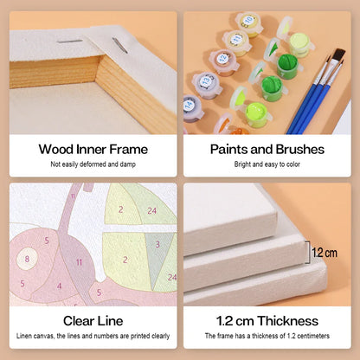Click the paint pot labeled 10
(x=248, y=23)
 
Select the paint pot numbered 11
(x=237, y=42)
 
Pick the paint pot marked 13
(x=207, y=85)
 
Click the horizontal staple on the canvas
(x=70, y=42)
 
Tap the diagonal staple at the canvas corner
(x=119, y=45)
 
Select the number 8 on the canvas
(x=27, y=259)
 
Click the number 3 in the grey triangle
(x=157, y=245)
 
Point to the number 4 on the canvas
(x=59, y=286)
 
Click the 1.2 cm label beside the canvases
(x=325, y=253)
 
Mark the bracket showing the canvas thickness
(x=308, y=253)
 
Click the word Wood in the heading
(x=56, y=150)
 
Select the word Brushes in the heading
(x=299, y=150)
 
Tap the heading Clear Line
(x=93, y=321)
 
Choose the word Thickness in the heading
(x=288, y=321)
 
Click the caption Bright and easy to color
(x=267, y=164)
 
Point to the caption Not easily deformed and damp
(x=93, y=164)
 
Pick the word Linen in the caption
(x=23, y=336)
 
